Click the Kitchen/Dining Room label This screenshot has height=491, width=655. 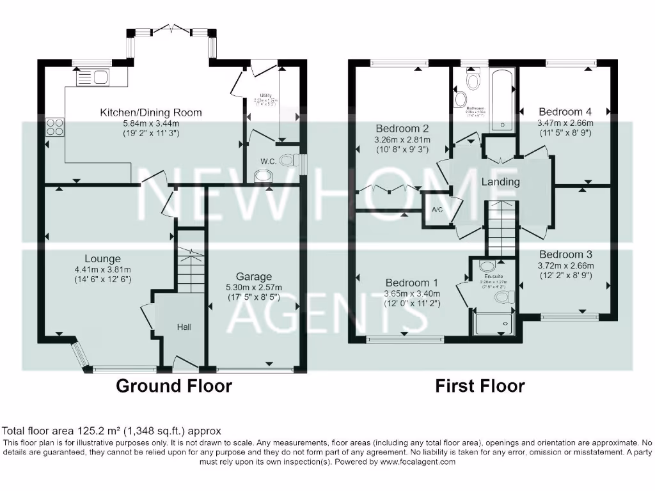[150, 113]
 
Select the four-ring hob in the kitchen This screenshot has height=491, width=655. [54, 127]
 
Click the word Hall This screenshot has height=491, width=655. [185, 327]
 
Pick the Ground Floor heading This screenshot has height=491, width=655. [173, 386]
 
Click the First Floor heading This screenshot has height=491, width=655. [480, 386]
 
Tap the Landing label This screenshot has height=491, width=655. [500, 182]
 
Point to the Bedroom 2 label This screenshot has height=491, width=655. [402, 127]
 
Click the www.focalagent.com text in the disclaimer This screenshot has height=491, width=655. [417, 462]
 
